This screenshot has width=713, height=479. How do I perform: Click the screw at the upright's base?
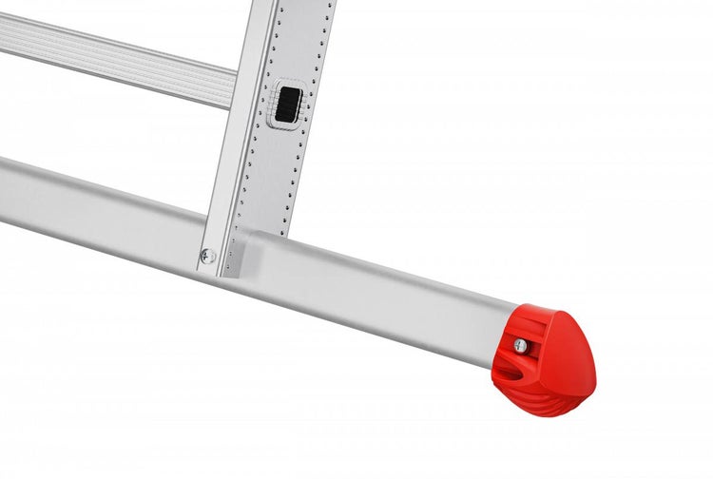pyautogui.click(x=206, y=255)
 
